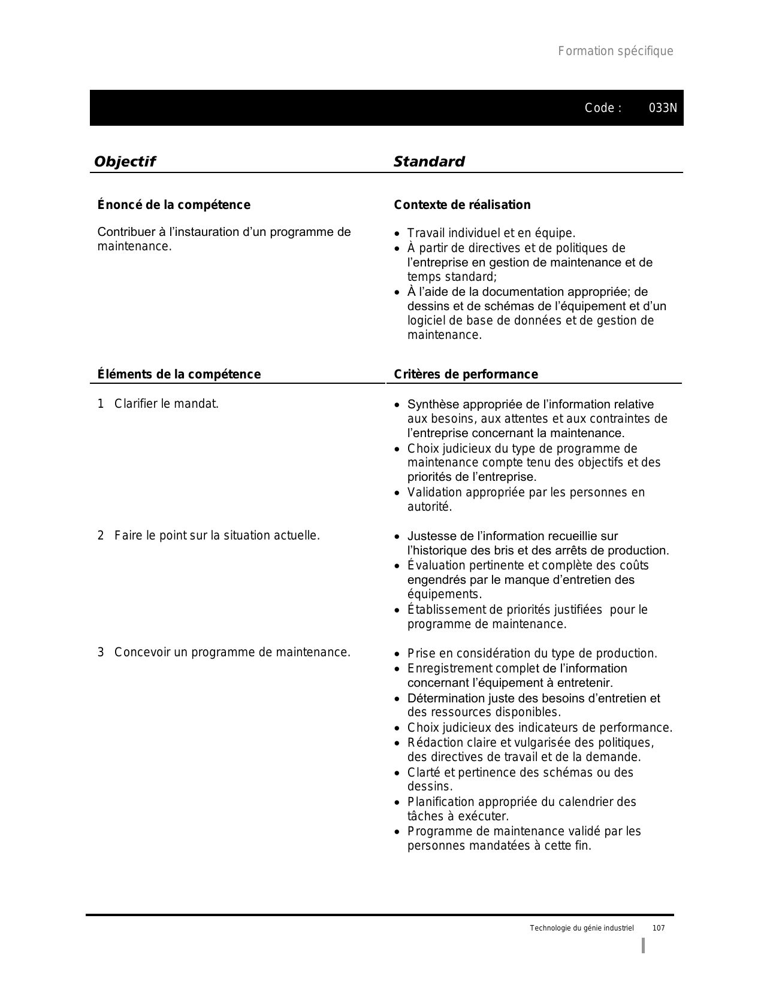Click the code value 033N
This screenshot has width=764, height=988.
click(663, 108)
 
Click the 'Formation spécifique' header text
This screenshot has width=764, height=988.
click(615, 51)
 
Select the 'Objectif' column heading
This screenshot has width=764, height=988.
click(125, 162)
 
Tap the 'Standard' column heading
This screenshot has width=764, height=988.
click(429, 162)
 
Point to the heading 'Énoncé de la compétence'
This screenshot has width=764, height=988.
click(174, 205)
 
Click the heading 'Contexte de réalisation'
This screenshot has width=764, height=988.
click(462, 205)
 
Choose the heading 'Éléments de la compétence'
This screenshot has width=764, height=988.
click(179, 375)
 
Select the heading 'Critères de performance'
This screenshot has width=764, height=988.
click(466, 375)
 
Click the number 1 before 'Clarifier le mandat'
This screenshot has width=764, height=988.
click(101, 404)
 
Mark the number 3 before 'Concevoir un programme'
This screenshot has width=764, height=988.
click(101, 653)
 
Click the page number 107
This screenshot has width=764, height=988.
click(659, 928)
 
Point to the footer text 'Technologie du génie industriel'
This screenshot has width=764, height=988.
click(581, 928)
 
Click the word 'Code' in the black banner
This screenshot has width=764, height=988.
click(599, 108)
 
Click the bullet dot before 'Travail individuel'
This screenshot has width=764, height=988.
click(397, 234)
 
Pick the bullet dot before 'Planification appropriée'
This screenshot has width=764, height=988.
click(397, 803)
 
